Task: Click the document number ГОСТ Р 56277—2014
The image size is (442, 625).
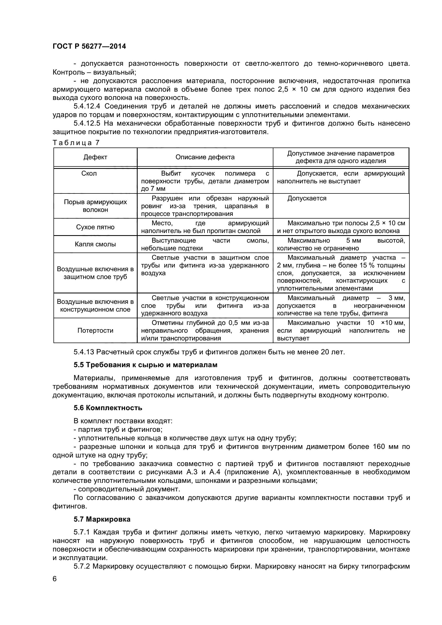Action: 89,46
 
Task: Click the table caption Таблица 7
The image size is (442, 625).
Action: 76,143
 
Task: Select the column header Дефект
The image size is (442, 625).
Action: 95,157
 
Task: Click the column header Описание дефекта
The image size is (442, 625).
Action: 205,157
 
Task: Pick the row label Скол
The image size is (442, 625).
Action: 89,173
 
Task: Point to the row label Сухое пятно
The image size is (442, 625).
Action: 95,227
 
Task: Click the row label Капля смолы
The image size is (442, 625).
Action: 95,244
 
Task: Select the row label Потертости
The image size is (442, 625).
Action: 95,331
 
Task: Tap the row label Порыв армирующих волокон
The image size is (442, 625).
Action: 95,206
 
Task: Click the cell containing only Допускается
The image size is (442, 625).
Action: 307,198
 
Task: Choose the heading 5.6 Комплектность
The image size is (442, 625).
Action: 108,408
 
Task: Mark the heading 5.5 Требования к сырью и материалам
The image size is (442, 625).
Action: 145,365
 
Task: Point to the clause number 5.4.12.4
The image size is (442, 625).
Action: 87,106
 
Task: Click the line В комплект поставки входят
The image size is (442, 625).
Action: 123,421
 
